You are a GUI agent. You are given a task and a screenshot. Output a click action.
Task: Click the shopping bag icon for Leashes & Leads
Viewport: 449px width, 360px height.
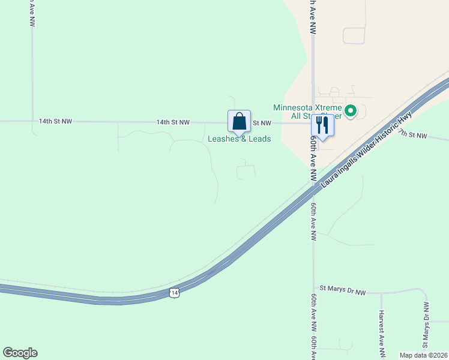click(239, 121)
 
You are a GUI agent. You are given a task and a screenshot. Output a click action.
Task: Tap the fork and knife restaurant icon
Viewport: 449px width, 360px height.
click(322, 125)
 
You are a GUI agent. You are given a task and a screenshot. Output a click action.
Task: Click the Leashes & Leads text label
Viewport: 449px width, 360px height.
click(239, 139)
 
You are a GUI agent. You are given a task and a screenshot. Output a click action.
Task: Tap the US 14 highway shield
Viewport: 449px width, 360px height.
click(173, 292)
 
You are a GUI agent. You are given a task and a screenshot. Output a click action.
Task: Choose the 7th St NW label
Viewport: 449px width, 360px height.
click(413, 135)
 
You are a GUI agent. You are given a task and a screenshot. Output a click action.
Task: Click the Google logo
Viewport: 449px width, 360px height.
click(20, 353)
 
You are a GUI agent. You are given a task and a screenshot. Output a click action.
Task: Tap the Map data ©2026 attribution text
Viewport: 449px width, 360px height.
click(423, 355)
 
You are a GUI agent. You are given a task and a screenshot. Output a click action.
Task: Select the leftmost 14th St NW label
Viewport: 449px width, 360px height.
click(55, 121)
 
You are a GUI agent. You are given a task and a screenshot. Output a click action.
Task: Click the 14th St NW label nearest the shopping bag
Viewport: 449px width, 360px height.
click(173, 122)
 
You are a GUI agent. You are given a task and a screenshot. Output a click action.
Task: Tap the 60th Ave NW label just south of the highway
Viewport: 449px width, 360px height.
click(313, 221)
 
